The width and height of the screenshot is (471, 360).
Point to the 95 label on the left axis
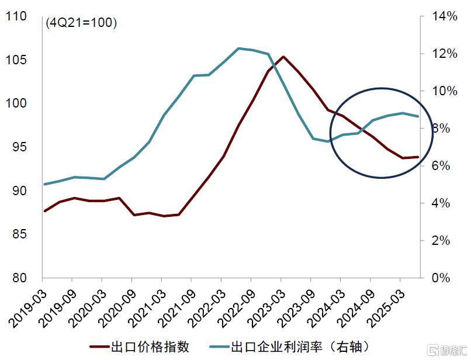tap(19, 147)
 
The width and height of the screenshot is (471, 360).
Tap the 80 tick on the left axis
tap(19, 278)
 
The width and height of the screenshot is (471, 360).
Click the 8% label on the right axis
tap(439, 129)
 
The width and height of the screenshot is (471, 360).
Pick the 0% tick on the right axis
tap(439, 278)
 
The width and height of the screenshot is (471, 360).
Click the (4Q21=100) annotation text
tap(81, 23)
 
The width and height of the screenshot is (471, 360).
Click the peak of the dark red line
tap(283, 57)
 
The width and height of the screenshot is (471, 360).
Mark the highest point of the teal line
tap(238, 48)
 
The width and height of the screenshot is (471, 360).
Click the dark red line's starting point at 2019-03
tap(44, 211)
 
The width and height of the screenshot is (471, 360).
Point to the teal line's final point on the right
tap(418, 116)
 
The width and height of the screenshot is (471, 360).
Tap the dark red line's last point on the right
tap(418, 157)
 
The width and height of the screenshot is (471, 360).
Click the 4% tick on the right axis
tap(439, 203)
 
